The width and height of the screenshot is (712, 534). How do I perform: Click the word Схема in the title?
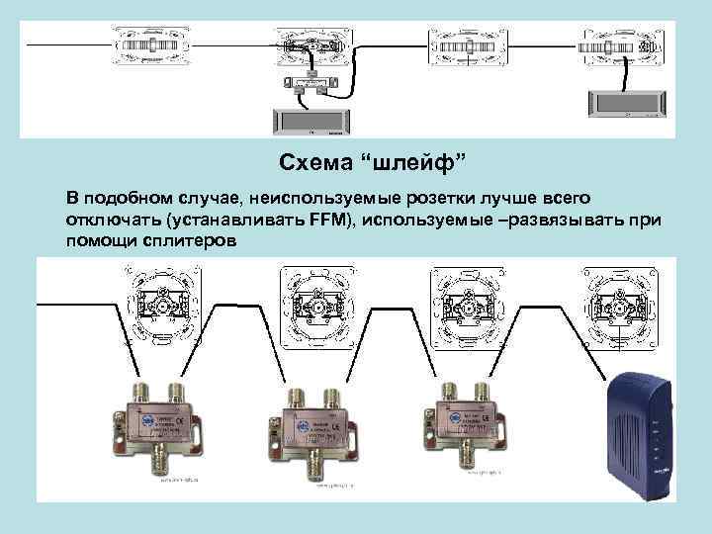(310, 162)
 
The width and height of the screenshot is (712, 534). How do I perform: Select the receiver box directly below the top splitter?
(309, 121)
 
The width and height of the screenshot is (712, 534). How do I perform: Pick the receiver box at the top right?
(625, 102)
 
